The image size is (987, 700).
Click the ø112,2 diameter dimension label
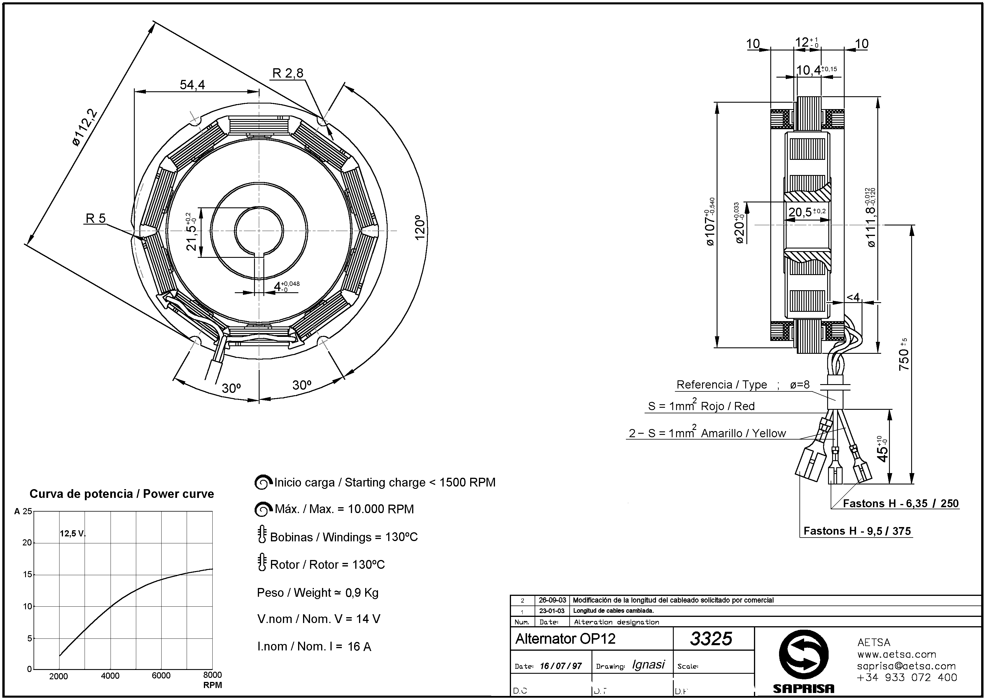pyautogui.click(x=85, y=128)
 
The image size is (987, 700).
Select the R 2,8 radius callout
pyautogui.click(x=288, y=73)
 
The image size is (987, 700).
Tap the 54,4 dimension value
pyautogui.click(x=192, y=85)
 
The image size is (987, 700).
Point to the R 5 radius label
pyautogui.click(x=96, y=218)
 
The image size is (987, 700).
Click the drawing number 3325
pyautogui.click(x=711, y=639)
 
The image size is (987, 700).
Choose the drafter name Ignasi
pyautogui.click(x=648, y=665)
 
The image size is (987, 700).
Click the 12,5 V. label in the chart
pyautogui.click(x=72, y=534)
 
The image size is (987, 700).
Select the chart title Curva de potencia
pyautogui.click(x=122, y=494)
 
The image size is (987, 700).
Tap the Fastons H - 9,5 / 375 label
pyautogui.click(x=857, y=531)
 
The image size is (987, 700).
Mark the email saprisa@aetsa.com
pyautogui.click(x=907, y=666)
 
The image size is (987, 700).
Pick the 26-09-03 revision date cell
pyautogui.click(x=552, y=600)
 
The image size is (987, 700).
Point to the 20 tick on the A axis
pyautogui.click(x=27, y=543)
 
